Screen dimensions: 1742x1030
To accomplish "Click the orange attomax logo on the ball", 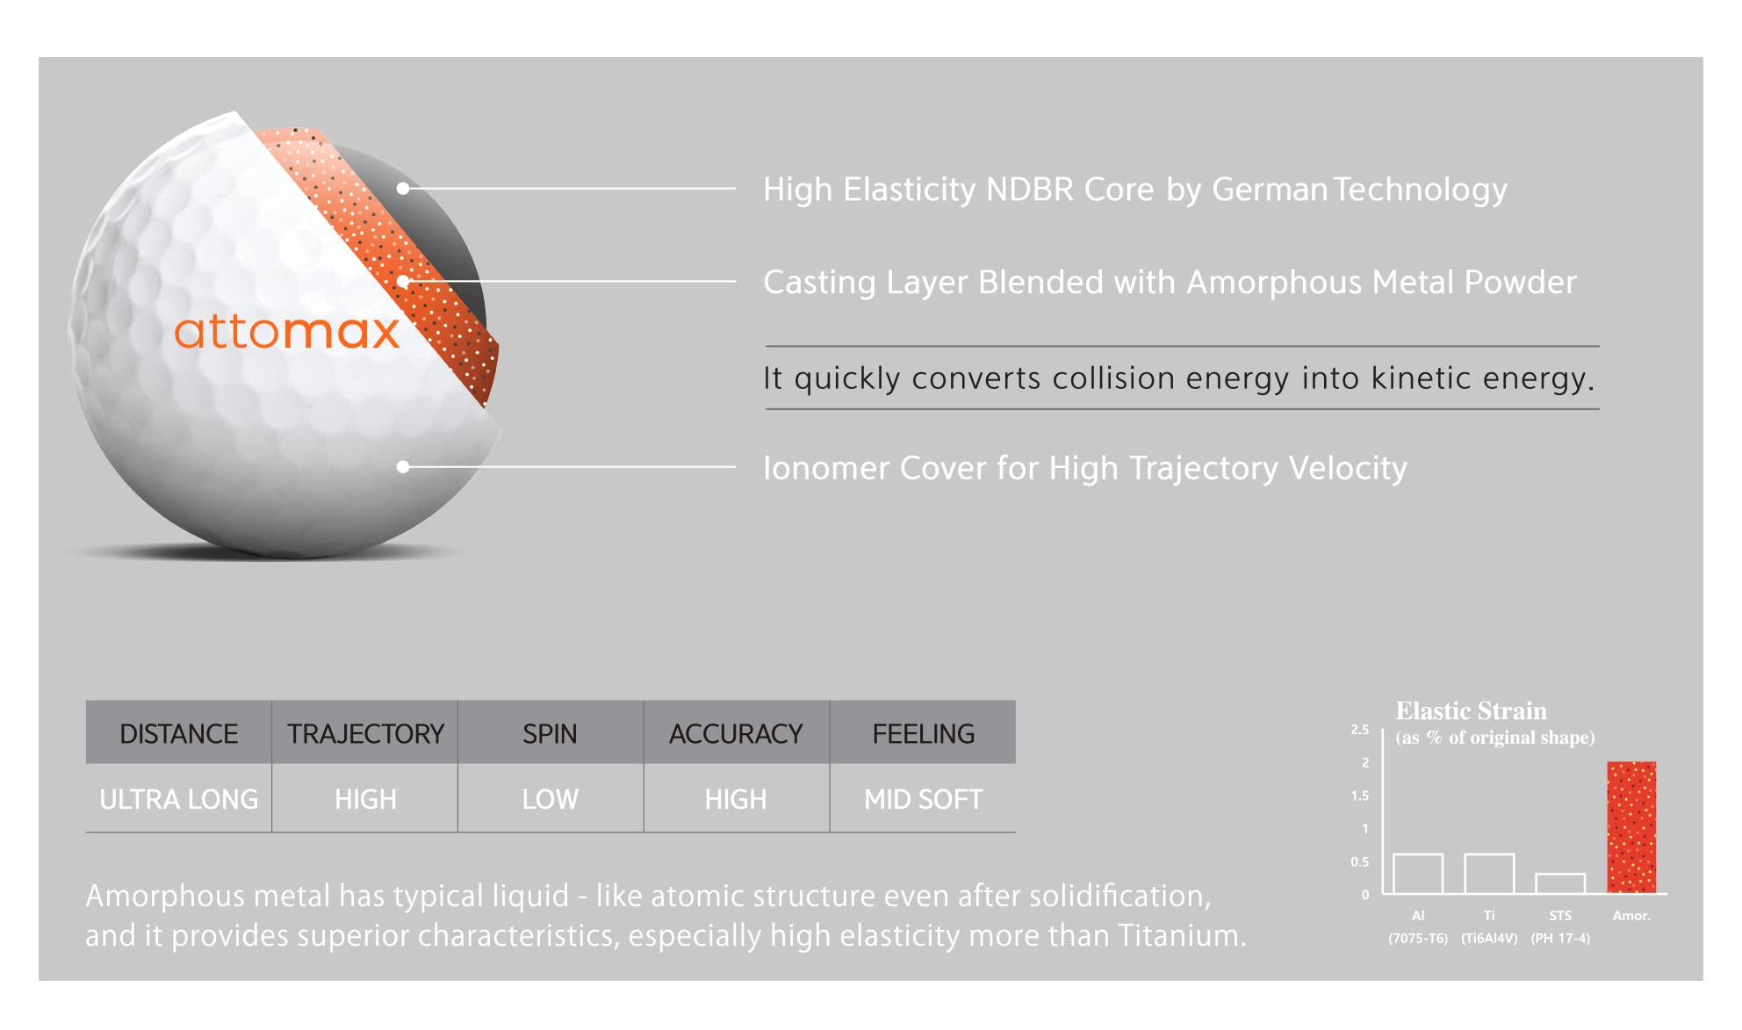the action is pyautogui.click(x=286, y=331).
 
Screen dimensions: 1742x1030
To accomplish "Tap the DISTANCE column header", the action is pyautogui.click(x=178, y=732).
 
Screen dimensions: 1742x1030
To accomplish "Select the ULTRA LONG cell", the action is pyautogui.click(x=178, y=798).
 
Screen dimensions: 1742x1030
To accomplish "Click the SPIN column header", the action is pyautogui.click(x=550, y=732).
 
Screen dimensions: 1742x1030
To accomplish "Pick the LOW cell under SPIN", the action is pyautogui.click(x=550, y=798).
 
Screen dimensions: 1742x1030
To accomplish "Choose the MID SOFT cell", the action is pyautogui.click(x=923, y=798).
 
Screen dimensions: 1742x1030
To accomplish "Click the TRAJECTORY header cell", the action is pyautogui.click(x=364, y=732).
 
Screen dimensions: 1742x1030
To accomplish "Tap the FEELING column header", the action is pyautogui.click(x=923, y=732).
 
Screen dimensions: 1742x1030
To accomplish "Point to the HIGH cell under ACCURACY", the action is pyautogui.click(x=736, y=798).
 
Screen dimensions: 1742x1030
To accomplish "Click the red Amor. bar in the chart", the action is pyautogui.click(x=1631, y=827).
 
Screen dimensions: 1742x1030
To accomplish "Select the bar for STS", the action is pyautogui.click(x=1560, y=883).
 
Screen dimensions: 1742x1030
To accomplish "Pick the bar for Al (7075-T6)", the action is pyautogui.click(x=1418, y=874).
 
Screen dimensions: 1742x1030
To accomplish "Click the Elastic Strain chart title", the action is pyautogui.click(x=1472, y=710).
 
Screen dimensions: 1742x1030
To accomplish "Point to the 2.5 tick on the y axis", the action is pyautogui.click(x=1360, y=730).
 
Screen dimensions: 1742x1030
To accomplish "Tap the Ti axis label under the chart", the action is pyautogui.click(x=1489, y=915).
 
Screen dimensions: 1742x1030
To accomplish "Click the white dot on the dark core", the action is pyautogui.click(x=403, y=188).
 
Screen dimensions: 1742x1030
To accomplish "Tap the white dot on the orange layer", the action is pyautogui.click(x=403, y=281).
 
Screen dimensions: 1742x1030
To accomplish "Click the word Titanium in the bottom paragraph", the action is pyautogui.click(x=1182, y=935).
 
